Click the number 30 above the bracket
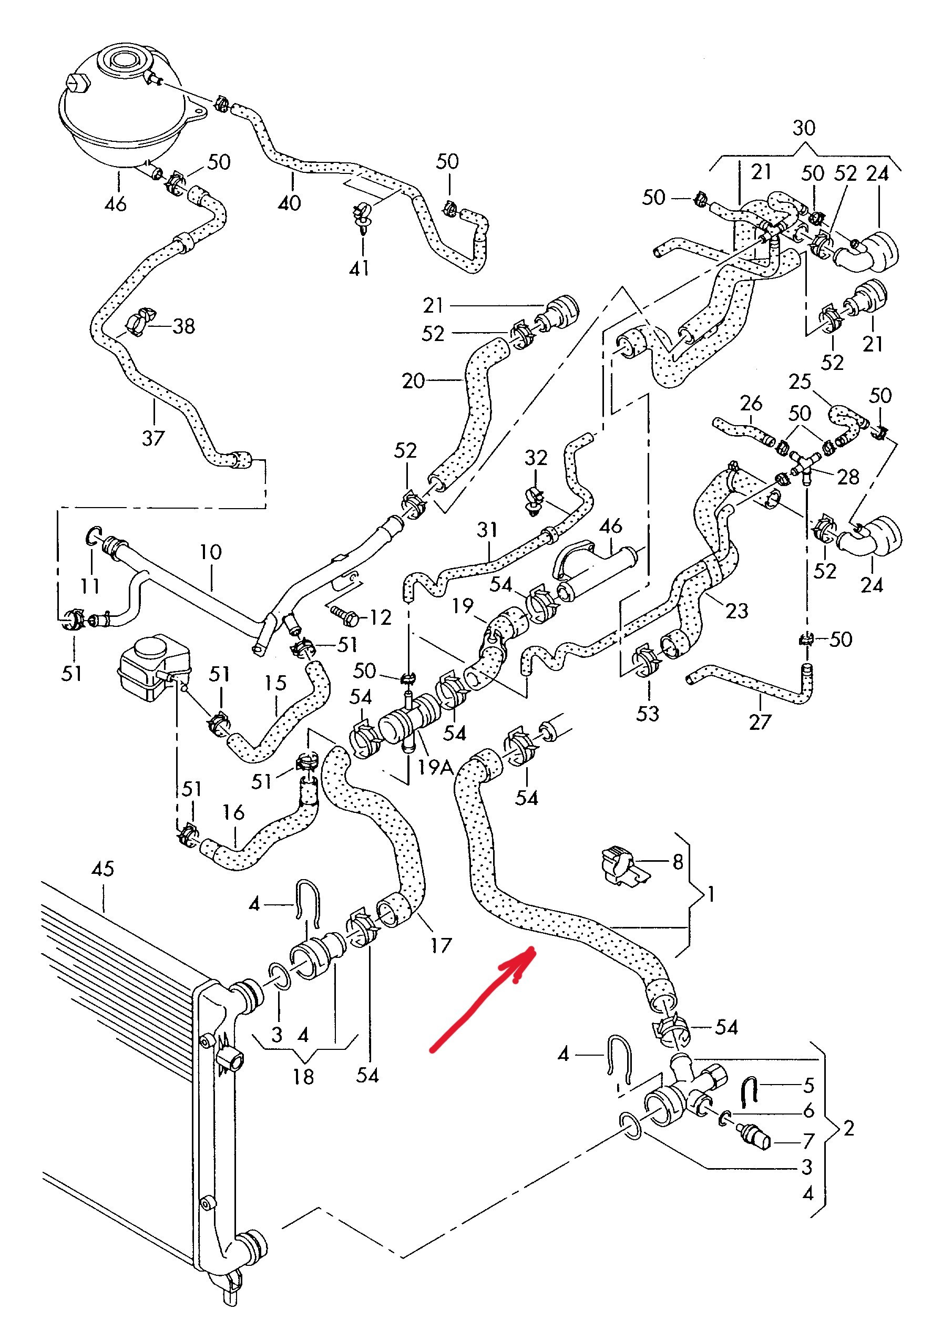(803, 128)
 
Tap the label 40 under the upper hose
(290, 202)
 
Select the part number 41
(360, 268)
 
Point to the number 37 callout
(153, 438)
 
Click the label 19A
(435, 768)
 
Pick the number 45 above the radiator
(103, 869)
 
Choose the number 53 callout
(647, 713)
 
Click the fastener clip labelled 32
(534, 500)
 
